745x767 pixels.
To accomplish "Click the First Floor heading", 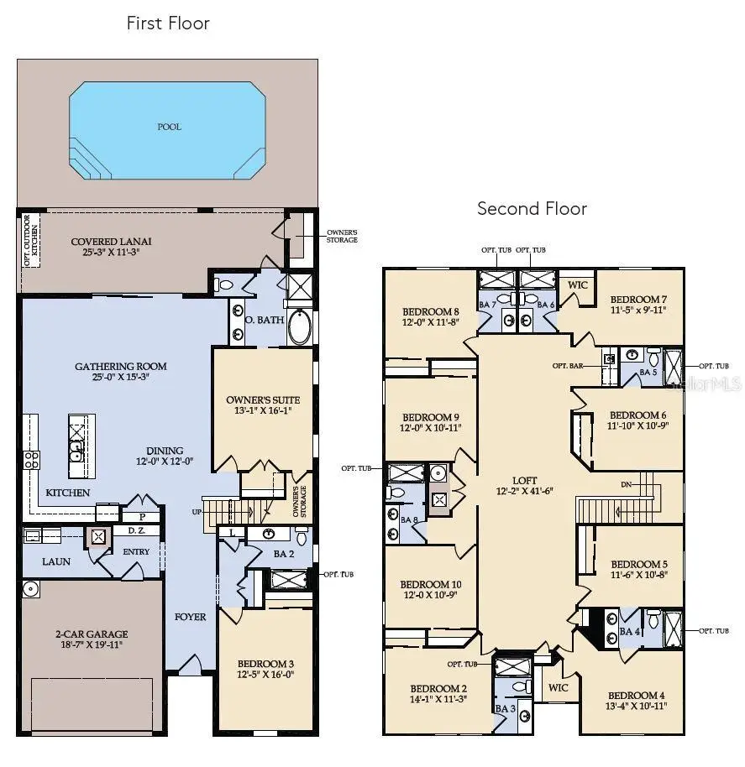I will [168, 23].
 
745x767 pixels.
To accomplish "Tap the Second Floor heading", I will [532, 208].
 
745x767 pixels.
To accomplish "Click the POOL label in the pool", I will [169, 127].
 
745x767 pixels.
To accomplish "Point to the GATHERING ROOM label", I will [120, 366].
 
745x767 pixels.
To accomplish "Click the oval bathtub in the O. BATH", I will [300, 327].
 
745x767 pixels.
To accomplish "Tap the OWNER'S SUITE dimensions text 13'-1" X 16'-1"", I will [263, 411].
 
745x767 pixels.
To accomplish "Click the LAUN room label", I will [56, 561].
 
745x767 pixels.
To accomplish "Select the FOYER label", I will [191, 617].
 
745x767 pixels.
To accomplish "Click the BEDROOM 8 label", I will [431, 309].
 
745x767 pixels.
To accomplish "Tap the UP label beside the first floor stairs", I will [197, 511].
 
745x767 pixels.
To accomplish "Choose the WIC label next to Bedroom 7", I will [577, 284].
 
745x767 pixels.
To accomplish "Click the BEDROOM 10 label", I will [430, 584].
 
